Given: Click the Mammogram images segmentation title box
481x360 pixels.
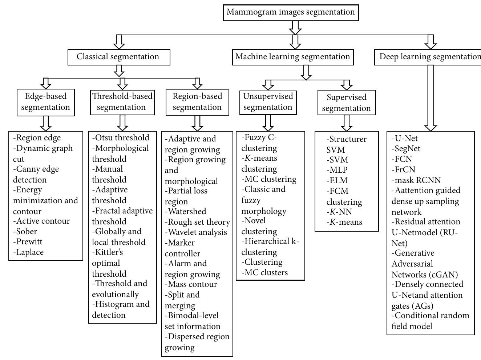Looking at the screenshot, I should click(x=291, y=12).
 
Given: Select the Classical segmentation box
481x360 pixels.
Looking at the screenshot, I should click(x=118, y=57).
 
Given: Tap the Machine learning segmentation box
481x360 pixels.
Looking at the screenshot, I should click(x=292, y=57).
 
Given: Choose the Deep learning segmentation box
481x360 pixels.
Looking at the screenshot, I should click(x=429, y=57).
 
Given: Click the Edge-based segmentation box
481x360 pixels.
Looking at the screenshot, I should click(x=45, y=102).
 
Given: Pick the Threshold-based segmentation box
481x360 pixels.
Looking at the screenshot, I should click(x=122, y=102).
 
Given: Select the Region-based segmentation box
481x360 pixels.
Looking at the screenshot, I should click(x=197, y=102).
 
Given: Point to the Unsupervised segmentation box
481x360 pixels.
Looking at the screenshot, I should click(x=268, y=102).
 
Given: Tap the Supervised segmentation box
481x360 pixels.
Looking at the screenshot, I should click(x=346, y=103).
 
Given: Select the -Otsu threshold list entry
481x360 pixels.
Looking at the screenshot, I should click(x=121, y=138).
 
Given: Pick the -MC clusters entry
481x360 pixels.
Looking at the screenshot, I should click(x=265, y=273).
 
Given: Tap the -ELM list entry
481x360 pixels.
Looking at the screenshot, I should click(x=337, y=181).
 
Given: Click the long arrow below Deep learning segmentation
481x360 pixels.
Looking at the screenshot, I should click(x=431, y=98).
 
